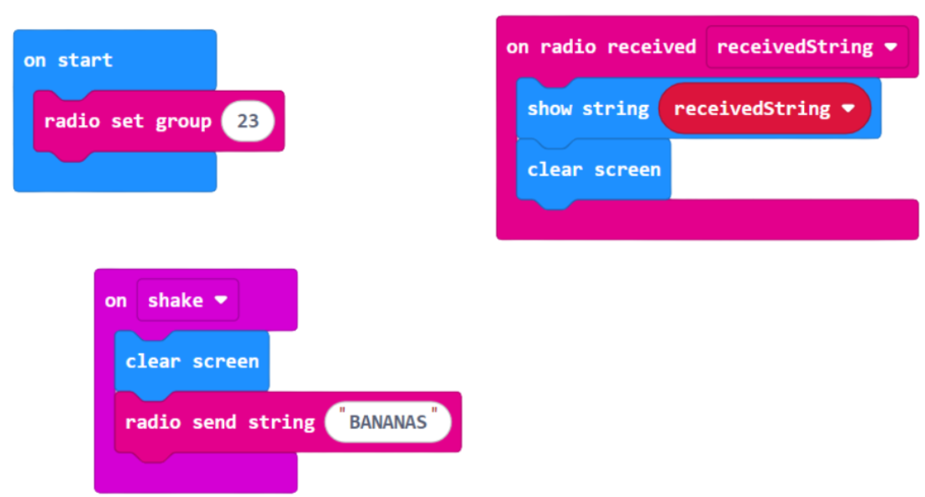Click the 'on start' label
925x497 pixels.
(68, 60)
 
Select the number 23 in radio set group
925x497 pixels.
(248, 121)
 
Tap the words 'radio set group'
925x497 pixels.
(128, 121)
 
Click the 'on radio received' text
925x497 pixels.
(601, 47)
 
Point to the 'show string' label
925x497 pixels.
(588, 108)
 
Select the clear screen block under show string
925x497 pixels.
(593, 170)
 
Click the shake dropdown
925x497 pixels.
(187, 301)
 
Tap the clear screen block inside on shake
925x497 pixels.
(192, 361)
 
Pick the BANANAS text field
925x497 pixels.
(388, 421)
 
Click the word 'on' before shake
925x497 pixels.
(116, 301)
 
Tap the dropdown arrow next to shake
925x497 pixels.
(221, 301)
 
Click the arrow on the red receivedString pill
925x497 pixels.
(848, 109)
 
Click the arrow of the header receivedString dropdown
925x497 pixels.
(891, 48)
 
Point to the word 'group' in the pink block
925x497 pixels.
(183, 121)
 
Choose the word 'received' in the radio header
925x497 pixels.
(652, 47)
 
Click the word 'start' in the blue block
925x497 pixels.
(85, 60)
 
